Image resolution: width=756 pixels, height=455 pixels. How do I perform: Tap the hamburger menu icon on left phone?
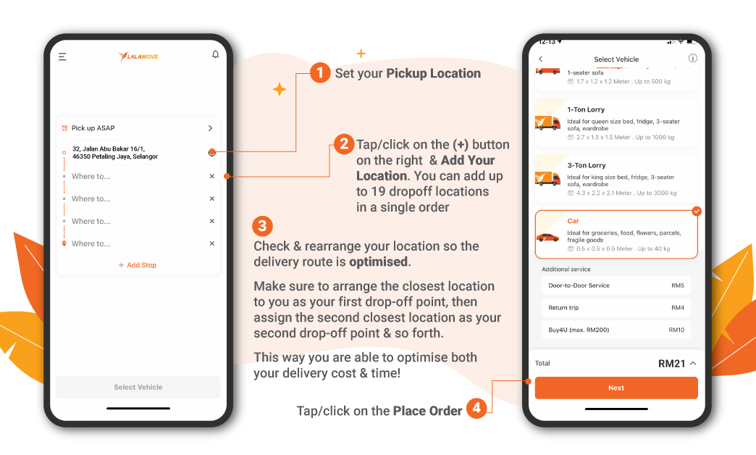62,57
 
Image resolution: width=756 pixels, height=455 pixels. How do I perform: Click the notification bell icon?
215,55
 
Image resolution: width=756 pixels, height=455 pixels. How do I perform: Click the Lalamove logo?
138,57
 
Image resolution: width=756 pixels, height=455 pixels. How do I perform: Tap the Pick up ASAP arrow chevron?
211,128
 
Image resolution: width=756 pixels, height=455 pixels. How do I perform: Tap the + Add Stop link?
138,265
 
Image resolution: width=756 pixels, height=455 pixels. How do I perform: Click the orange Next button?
616,388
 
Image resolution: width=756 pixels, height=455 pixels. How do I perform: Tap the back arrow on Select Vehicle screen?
540,59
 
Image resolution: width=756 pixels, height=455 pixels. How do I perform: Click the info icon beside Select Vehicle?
692,59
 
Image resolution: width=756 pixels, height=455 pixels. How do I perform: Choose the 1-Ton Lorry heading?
586,110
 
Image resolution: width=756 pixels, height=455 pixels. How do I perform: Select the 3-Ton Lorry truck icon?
547,178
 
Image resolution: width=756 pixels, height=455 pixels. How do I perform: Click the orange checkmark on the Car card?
696,211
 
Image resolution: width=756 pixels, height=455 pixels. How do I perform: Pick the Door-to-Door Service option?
579,285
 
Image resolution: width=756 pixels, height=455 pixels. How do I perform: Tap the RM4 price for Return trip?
677,308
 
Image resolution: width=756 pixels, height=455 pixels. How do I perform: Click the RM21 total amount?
671,364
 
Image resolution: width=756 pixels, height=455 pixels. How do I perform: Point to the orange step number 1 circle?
320,73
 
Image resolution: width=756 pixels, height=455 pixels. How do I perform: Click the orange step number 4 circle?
476,409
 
